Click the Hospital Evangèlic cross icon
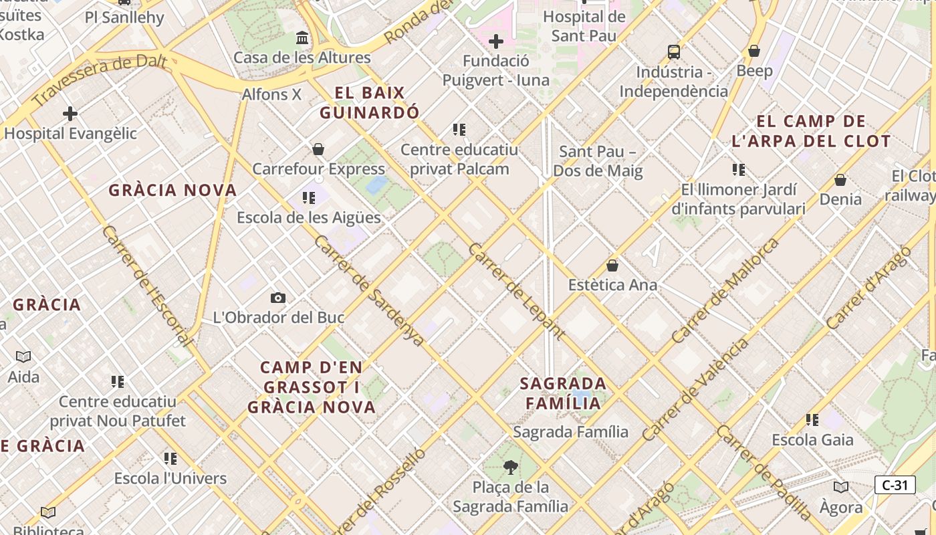coord(70,114)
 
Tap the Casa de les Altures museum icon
coord(302,38)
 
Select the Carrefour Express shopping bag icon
coord(318,149)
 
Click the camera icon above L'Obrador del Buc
coord(278,298)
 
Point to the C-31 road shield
coord(895,485)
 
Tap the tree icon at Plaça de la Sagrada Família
coord(511,467)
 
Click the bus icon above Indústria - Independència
coord(673,52)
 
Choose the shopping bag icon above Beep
coord(754,51)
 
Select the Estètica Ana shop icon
coord(612,265)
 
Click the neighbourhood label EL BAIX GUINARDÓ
coord(369,102)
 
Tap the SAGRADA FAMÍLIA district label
coord(564,393)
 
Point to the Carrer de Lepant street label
coord(516,291)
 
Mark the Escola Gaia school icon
coord(812,420)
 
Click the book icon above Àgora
coord(841,487)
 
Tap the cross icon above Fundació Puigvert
coord(495,42)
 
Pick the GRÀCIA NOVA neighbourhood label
coord(172,190)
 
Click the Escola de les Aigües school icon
coord(308,198)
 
